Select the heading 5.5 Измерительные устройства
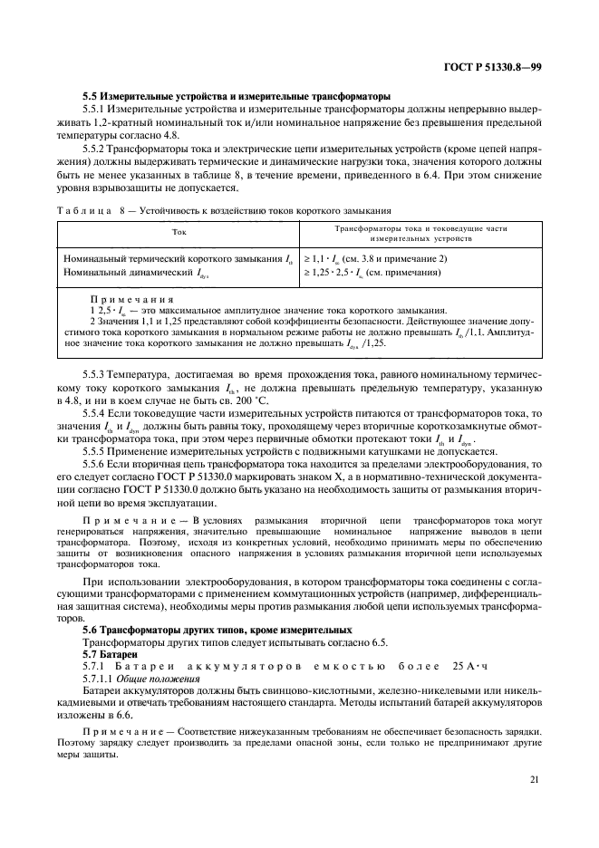click(x=236, y=95)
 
